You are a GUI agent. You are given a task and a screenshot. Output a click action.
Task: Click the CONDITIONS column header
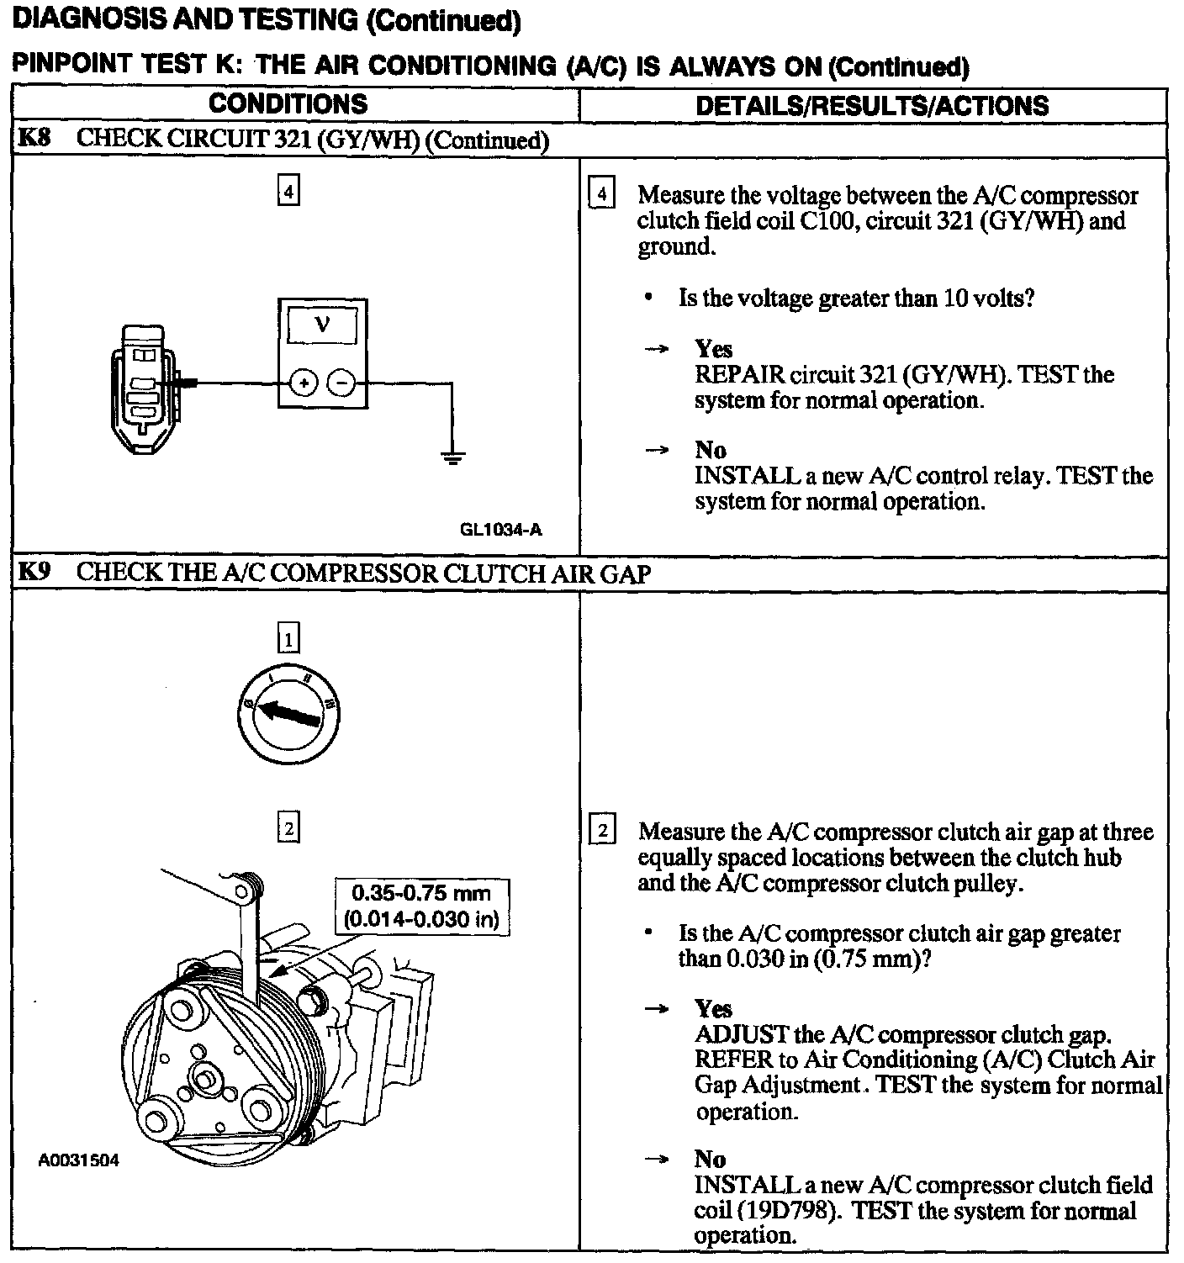[288, 104]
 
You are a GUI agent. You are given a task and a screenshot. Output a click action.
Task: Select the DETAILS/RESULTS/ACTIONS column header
[872, 106]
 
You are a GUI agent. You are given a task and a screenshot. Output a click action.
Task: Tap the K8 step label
[34, 139]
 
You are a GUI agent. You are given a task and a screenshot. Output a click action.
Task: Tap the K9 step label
[34, 573]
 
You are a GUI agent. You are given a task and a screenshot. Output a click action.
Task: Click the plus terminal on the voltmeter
[304, 383]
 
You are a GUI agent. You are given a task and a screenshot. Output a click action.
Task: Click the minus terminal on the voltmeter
[341, 383]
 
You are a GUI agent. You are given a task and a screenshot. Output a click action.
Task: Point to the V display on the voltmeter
[322, 325]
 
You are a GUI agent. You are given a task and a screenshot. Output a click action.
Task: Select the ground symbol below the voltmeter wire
[452, 458]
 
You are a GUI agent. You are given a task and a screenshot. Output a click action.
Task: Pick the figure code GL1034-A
[500, 530]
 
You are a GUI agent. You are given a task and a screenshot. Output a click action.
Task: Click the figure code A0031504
[79, 1161]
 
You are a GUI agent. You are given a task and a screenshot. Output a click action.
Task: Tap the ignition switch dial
[288, 711]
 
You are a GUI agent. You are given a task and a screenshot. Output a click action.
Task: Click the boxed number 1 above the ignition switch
[288, 640]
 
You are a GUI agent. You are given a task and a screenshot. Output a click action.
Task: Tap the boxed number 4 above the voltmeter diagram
[288, 193]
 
